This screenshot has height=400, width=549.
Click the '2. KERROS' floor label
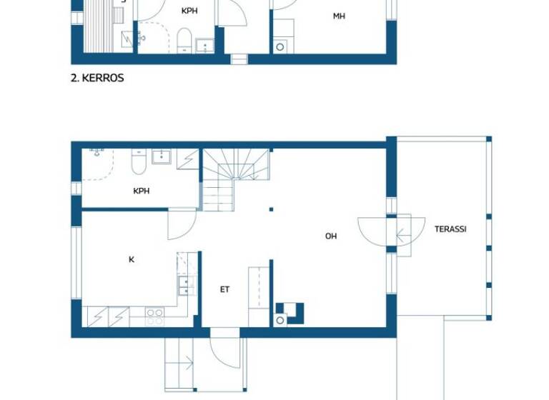(x=97, y=78)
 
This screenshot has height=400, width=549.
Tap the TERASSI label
(x=450, y=229)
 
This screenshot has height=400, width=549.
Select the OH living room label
(x=331, y=236)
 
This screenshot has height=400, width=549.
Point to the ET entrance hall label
(x=224, y=289)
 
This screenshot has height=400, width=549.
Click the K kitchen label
(x=132, y=260)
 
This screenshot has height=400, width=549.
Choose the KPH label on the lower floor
(x=141, y=191)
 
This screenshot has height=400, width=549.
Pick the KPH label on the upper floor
(x=189, y=11)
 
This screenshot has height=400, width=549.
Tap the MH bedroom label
(x=339, y=16)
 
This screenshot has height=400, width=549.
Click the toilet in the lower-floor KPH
(x=139, y=163)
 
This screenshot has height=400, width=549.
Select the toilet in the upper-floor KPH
(x=183, y=40)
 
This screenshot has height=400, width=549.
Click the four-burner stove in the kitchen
(x=155, y=315)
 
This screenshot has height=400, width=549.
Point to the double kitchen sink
(x=185, y=286)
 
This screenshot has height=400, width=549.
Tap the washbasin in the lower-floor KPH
(x=162, y=156)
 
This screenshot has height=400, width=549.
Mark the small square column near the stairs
(x=271, y=209)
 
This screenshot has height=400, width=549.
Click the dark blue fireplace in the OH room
(x=293, y=312)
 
